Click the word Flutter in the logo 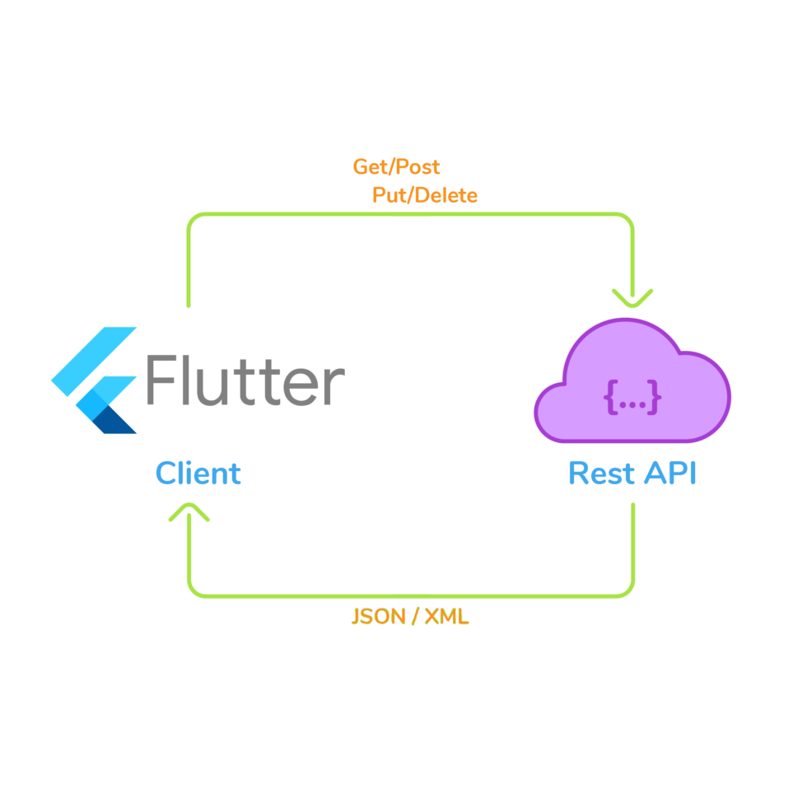point(245,380)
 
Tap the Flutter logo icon point(95,380)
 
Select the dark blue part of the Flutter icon point(114,420)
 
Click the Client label point(198,473)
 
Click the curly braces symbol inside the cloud point(632,398)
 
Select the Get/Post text point(396,167)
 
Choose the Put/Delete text point(425,196)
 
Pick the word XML point(446,617)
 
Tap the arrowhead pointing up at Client point(189,513)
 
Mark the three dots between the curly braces point(632,400)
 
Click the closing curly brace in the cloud point(654,398)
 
